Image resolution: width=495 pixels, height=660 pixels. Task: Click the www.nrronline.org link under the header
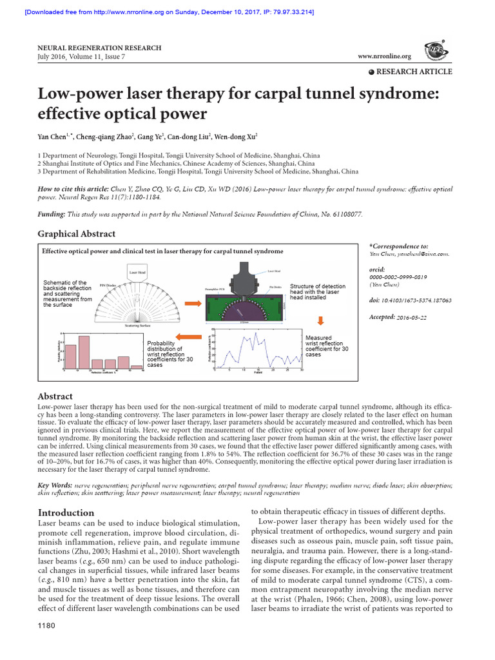coord(384,57)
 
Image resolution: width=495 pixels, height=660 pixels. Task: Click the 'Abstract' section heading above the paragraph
coord(55,396)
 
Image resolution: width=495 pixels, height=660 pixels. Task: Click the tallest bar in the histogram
coord(84,351)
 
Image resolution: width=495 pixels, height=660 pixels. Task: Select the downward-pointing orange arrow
coord(321,320)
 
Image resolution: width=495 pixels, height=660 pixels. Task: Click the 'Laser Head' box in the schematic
coord(137,273)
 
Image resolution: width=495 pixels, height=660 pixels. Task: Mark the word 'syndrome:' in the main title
coord(388,94)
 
